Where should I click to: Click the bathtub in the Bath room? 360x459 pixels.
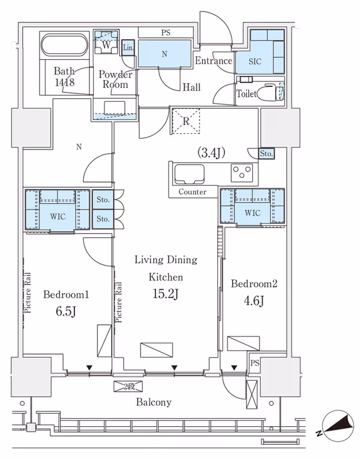(x=64, y=45)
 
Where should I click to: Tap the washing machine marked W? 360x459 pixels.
(x=106, y=42)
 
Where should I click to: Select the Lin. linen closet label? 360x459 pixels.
(x=128, y=48)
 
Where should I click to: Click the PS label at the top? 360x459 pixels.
(x=166, y=33)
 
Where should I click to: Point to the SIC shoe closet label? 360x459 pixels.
(x=255, y=61)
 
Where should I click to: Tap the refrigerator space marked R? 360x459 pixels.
(x=186, y=121)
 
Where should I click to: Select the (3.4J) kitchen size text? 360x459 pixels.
(x=212, y=153)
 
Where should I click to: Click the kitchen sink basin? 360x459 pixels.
(x=189, y=174)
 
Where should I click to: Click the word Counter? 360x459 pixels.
(x=192, y=192)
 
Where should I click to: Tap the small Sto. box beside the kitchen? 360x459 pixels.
(x=267, y=153)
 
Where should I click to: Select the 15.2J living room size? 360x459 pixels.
(x=166, y=294)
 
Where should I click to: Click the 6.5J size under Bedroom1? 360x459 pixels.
(x=66, y=311)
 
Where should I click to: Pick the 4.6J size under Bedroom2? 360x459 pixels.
(x=254, y=301)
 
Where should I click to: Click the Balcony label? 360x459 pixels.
(x=154, y=402)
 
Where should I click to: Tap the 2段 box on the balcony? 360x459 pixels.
(x=128, y=386)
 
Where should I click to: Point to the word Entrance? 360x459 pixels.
(x=213, y=61)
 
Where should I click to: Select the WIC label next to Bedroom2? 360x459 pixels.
(x=252, y=213)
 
